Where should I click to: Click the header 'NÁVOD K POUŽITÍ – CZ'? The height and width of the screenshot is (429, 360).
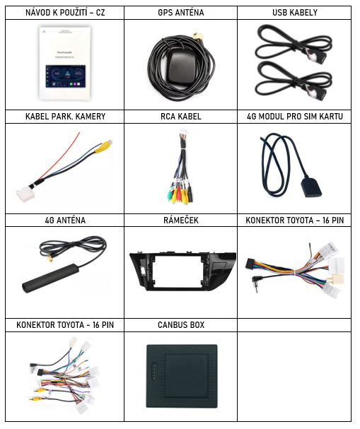tap(65, 13)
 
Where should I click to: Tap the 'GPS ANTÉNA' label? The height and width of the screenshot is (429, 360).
tap(181, 13)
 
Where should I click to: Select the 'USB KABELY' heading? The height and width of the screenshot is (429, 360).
tap(295, 13)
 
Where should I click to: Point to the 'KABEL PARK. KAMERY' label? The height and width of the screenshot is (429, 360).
tap(66, 117)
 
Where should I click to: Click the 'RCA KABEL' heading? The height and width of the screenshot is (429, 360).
tap(181, 117)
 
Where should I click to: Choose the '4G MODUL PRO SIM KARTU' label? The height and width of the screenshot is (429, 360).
tap(295, 117)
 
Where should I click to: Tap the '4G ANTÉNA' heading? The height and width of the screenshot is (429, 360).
tap(65, 221)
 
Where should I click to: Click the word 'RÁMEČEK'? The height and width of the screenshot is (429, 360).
tap(181, 221)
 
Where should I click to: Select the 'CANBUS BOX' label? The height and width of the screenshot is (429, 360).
tap(181, 325)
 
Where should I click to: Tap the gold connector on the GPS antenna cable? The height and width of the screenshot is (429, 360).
tap(197, 36)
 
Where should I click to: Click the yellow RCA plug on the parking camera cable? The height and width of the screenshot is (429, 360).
tap(103, 146)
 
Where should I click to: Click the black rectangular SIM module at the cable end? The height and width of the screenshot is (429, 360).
tap(311, 188)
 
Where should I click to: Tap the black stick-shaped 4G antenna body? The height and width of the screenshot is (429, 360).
tap(51, 278)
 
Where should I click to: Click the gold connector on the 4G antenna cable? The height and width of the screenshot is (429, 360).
tap(50, 258)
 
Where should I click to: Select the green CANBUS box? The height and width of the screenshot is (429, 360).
tap(182, 376)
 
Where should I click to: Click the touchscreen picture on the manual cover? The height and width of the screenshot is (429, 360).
tap(66, 76)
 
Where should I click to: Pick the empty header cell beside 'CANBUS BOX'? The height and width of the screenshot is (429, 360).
tap(294, 325)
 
